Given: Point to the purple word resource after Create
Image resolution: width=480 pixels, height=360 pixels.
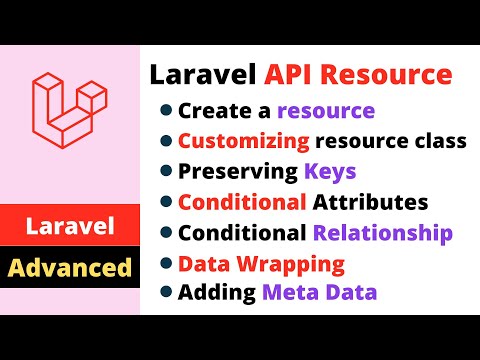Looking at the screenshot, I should (326, 110).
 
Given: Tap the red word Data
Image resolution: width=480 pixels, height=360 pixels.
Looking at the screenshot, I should (200, 264).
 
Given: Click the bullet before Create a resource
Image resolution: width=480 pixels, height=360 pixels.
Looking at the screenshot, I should (164, 111).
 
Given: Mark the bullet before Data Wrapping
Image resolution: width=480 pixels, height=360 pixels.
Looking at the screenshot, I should (164, 264).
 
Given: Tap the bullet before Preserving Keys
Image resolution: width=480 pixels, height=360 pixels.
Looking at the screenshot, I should (164, 172).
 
